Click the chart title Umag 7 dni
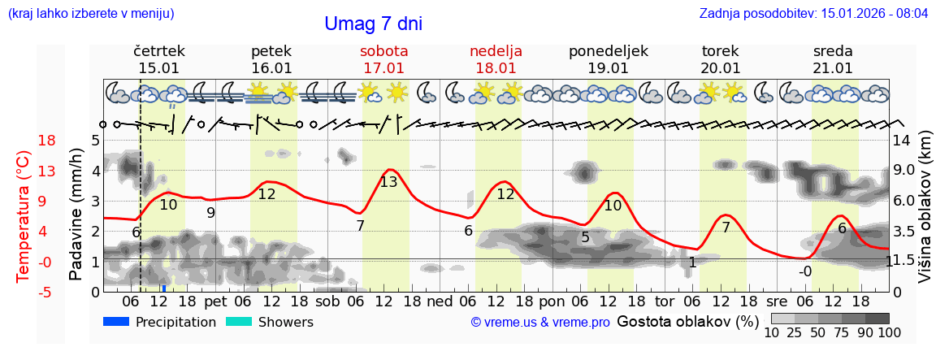coord(373,24)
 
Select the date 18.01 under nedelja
coord(496,67)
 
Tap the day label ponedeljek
coord(608,50)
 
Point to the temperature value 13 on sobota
coord(388,182)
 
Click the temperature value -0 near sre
coord(804,271)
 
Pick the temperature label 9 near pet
coord(210,213)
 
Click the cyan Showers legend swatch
coord(238,322)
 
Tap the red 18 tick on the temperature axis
coord(24,141)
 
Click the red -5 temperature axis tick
coord(24,292)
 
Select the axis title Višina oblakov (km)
coord(925,208)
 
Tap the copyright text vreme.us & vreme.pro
coord(540,323)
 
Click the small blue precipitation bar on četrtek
coord(164,288)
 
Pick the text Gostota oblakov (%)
coord(687,322)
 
